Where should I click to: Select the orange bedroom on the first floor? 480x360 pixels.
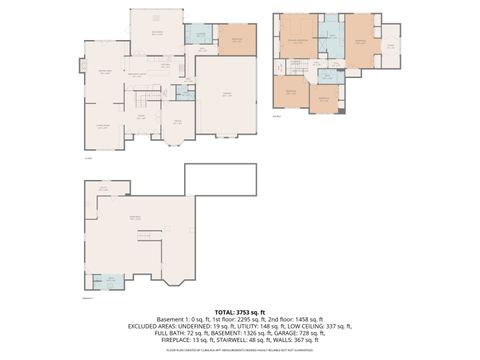pos(236,42)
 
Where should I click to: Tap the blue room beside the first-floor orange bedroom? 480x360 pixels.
pos(200,40)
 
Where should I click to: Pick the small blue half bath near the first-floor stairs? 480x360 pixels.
pos(181,93)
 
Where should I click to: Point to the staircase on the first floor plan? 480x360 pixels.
pos(140,100)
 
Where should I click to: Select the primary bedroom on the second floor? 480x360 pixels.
pos(298,40)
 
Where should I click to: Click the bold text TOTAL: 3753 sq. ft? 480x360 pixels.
pos(239,311)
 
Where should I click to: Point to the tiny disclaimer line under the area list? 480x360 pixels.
pos(239,351)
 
